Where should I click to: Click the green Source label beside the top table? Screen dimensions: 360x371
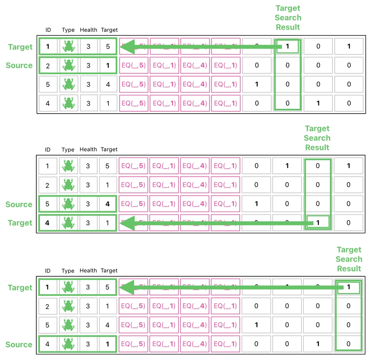(x=19, y=65)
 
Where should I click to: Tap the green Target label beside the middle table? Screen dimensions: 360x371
(x=20, y=223)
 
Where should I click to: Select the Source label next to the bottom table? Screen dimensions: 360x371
(x=19, y=344)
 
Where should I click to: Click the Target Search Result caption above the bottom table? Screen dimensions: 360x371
(x=349, y=259)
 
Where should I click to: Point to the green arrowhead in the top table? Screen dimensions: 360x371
(x=127, y=47)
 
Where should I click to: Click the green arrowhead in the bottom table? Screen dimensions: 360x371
(x=127, y=287)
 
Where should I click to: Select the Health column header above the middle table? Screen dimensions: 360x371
(x=88, y=150)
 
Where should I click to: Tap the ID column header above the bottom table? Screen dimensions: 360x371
(x=48, y=271)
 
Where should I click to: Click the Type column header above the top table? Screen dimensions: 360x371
(x=68, y=30)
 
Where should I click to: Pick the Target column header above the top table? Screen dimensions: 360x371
(x=109, y=30)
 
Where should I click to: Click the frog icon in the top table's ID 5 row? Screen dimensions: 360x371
(x=69, y=85)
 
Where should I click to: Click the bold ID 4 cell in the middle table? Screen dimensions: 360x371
(x=47, y=223)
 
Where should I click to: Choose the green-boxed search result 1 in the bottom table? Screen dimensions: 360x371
(x=349, y=287)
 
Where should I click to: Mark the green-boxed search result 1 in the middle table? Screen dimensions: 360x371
(x=318, y=222)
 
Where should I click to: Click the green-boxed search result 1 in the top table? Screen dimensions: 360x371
(x=287, y=46)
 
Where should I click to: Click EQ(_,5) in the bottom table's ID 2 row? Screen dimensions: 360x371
(x=133, y=306)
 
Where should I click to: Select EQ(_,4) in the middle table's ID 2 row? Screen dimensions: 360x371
(x=195, y=185)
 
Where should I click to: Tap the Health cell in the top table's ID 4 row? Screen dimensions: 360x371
(x=88, y=103)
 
